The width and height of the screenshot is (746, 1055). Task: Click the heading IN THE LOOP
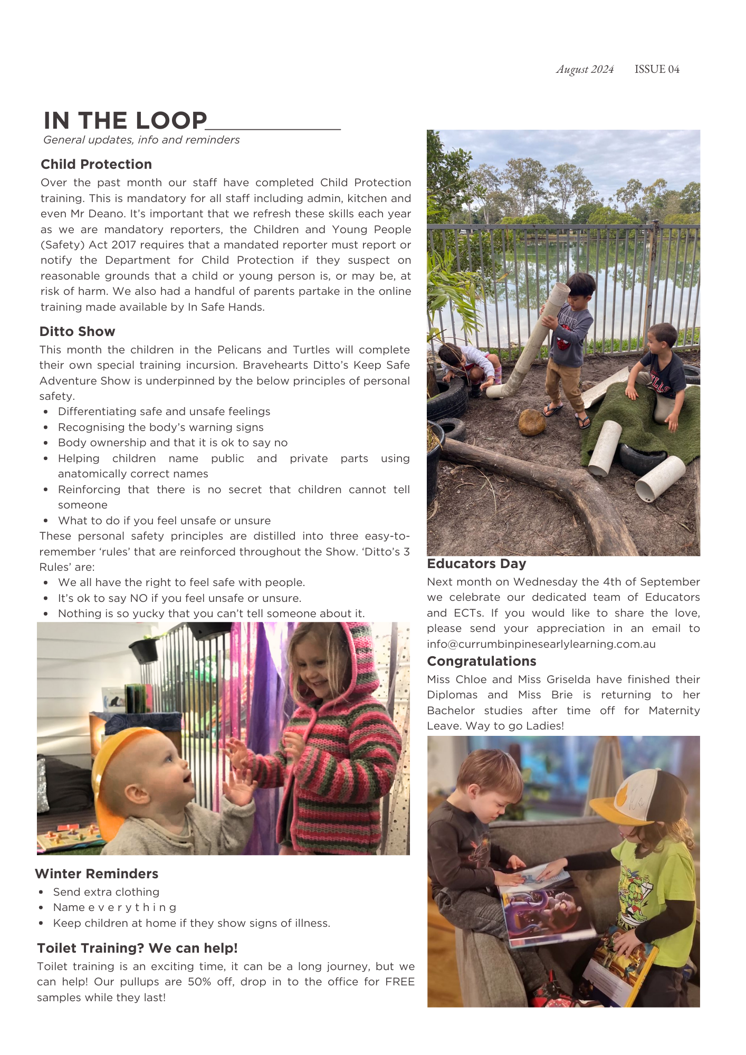tap(126, 121)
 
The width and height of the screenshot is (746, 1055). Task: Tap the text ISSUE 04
tap(657, 69)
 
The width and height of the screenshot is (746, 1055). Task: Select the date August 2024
tap(585, 69)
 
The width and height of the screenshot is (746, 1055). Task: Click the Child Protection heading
tap(96, 165)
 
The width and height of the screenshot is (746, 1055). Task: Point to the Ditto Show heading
tap(77, 332)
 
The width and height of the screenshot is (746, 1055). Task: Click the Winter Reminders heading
tap(97, 874)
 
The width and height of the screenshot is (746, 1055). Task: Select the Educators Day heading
tap(476, 564)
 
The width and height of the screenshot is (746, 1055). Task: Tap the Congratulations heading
tap(481, 661)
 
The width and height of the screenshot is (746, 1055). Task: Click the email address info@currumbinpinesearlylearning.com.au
tap(541, 644)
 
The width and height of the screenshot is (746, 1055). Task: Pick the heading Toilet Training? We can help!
tap(137, 948)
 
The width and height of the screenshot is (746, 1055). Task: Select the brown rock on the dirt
tap(532, 423)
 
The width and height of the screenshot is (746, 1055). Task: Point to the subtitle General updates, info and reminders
tap(141, 140)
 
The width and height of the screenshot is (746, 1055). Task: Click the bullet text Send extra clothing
tap(106, 892)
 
